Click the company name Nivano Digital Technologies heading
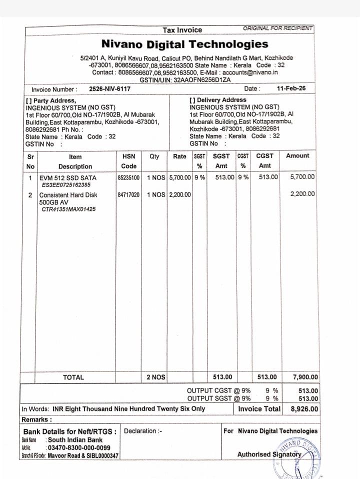click(x=184, y=44)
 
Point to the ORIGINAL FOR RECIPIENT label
click(x=277, y=28)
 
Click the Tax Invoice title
click(x=182, y=30)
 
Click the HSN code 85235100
click(x=128, y=177)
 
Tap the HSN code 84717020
click(x=128, y=194)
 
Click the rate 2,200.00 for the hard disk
click(x=180, y=194)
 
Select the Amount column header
click(x=297, y=156)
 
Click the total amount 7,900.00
click(x=305, y=377)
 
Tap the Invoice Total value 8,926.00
click(x=304, y=408)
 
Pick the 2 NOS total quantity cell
click(x=155, y=377)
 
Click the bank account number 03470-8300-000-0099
click(x=78, y=448)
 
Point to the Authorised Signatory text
click(x=269, y=454)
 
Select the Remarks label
click(x=36, y=419)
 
